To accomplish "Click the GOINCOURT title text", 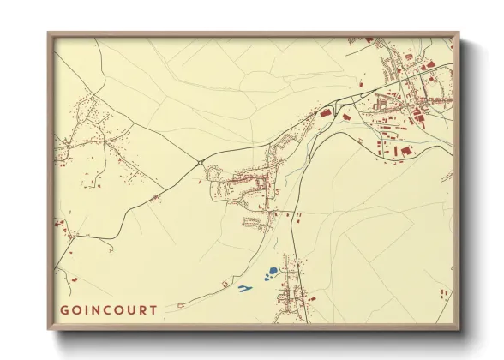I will pos(108,310).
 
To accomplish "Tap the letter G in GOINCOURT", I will pos(64,310).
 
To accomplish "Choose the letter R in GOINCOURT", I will pos(143,310).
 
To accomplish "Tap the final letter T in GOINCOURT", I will pos(153,310).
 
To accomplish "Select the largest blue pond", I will pos(272,272).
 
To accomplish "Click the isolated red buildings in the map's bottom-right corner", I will pos(443,294).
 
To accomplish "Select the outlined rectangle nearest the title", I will pos(182,303).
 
